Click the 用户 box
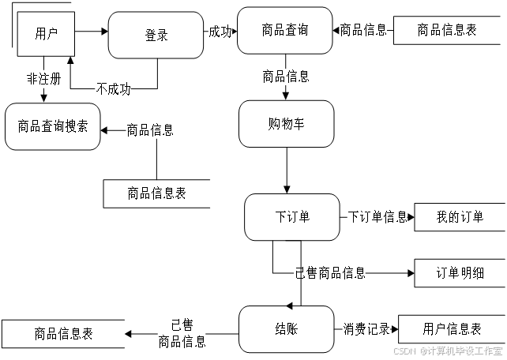tap(46, 34)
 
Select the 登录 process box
tap(156, 35)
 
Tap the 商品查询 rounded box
tap(285, 31)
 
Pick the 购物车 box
tap(286, 124)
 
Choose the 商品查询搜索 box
tap(53, 126)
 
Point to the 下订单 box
tap(292, 216)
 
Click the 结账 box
tap(286, 329)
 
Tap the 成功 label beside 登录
tap(220, 32)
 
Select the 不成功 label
tap(113, 88)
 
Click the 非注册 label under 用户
tap(44, 78)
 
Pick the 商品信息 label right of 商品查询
tap(362, 31)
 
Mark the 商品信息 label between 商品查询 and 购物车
tap(285, 77)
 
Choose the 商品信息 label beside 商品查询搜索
tap(150, 130)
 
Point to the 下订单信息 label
tap(377, 216)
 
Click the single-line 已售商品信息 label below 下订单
tap(330, 273)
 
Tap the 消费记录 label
tap(366, 328)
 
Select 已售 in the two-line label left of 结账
tap(182, 325)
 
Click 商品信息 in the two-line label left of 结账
tap(182, 342)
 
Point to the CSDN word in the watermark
tap(404, 350)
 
